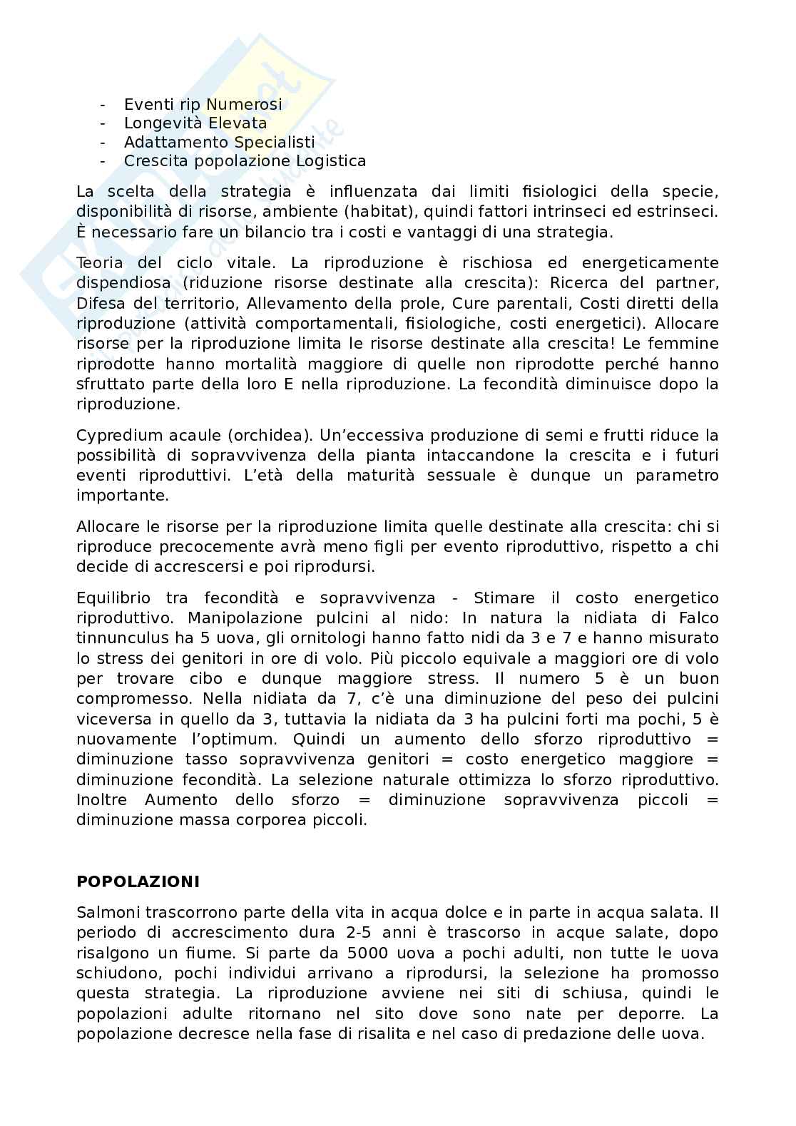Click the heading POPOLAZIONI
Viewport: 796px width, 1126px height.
click(x=138, y=881)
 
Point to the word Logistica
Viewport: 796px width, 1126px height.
click(x=331, y=161)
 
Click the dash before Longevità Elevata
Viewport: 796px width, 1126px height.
click(x=103, y=123)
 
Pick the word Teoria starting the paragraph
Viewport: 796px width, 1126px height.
click(x=99, y=263)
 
